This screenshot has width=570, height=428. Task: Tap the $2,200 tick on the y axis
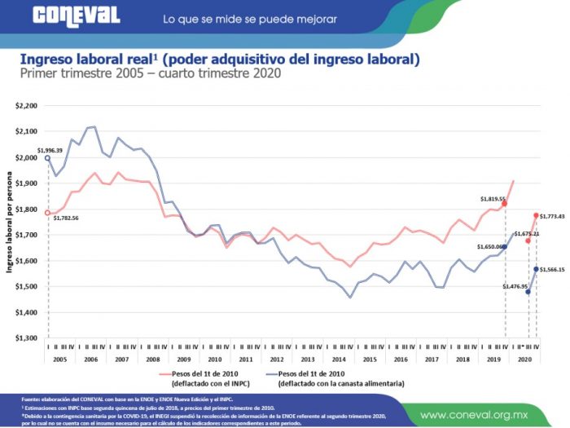coord(27,106)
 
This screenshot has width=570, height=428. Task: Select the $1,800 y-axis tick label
coord(27,210)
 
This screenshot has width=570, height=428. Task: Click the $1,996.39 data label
coord(49,150)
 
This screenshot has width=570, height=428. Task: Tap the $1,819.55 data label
coord(492,198)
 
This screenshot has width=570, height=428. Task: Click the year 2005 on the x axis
coord(59,359)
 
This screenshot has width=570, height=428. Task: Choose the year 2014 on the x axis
coord(338,359)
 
